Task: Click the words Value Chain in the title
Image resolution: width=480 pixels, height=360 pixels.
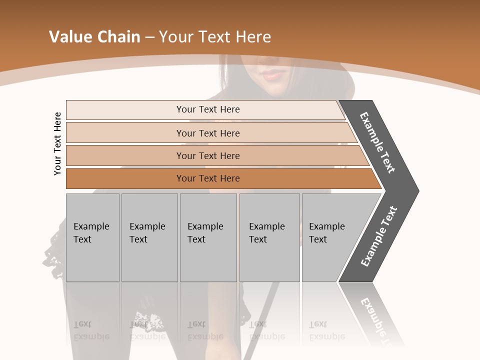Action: (94, 37)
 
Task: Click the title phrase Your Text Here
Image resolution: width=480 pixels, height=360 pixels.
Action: (215, 37)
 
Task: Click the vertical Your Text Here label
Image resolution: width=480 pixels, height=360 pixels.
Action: (57, 143)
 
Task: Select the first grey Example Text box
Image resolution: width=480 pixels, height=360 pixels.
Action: (92, 237)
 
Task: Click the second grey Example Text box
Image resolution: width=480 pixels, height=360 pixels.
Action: (149, 237)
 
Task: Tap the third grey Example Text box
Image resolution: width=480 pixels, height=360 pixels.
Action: (208, 237)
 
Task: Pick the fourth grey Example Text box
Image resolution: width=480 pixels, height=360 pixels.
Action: (269, 237)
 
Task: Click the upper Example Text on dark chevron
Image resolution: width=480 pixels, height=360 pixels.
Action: (377, 142)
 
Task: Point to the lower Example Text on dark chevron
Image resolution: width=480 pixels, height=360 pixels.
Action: (379, 236)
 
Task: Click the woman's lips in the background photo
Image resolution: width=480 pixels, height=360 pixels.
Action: (272, 75)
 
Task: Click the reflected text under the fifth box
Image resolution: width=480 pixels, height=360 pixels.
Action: (326, 330)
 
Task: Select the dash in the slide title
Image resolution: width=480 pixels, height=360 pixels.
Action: (149, 37)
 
